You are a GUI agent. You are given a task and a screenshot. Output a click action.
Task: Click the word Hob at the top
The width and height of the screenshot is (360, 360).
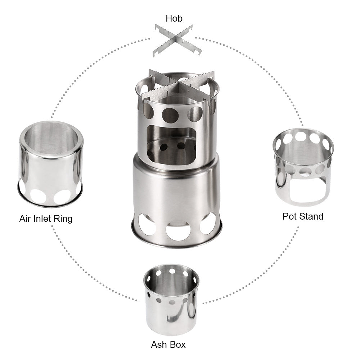tap(174, 18)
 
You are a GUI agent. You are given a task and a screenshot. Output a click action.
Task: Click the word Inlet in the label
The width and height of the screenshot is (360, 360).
tap(44, 218)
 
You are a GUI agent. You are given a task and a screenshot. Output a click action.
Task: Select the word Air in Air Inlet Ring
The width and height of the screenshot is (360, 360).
tap(26, 218)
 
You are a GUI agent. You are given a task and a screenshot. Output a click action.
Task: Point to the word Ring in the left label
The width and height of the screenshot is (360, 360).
tap(63, 219)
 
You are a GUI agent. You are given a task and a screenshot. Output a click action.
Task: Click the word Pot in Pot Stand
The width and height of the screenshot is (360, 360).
tap(290, 216)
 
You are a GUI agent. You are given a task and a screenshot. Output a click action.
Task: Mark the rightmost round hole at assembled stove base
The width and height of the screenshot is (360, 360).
tap(208, 224)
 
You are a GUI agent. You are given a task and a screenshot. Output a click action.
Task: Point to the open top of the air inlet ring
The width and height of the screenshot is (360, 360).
tap(51, 139)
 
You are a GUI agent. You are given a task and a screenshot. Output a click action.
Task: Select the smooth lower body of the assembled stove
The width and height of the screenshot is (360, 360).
tap(176, 187)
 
